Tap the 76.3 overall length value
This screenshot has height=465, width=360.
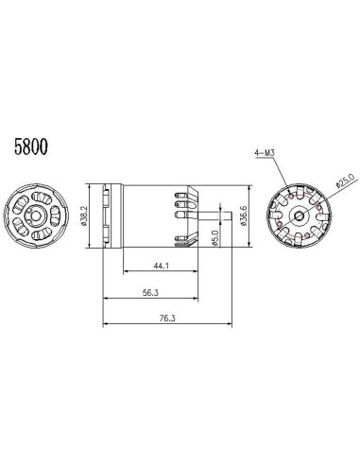click(x=166, y=319)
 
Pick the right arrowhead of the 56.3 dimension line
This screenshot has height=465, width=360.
click(x=196, y=300)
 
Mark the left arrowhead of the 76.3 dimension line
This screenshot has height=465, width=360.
click(x=104, y=326)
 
